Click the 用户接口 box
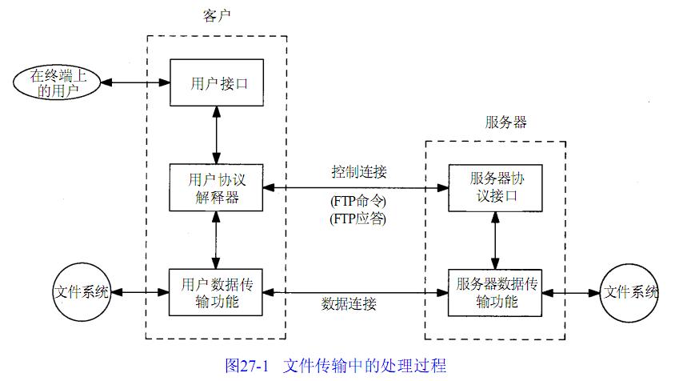click(217, 82)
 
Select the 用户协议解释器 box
click(217, 187)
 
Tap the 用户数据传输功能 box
click(217, 292)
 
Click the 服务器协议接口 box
click(495, 187)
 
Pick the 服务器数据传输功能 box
click(495, 292)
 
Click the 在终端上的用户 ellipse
click(55, 83)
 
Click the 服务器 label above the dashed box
click(505, 122)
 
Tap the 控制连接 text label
click(359, 172)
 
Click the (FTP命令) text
click(358, 201)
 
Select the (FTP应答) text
click(358, 218)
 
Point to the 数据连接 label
click(349, 304)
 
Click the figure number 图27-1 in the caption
click(250, 365)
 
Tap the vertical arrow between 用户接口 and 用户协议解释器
click(217, 135)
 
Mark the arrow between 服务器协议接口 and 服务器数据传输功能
click(495, 240)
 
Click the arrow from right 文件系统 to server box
click(572, 292)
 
